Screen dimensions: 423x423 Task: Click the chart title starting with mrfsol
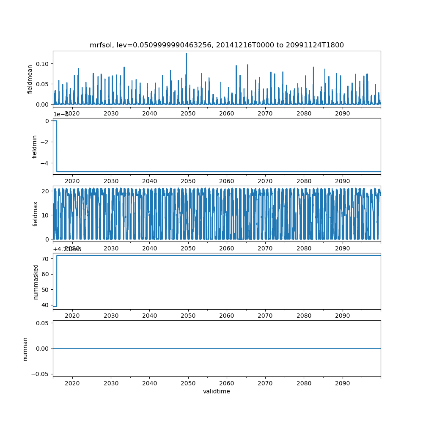(217, 45)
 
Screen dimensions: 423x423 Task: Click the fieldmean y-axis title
(30, 79)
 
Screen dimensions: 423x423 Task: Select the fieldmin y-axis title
(35, 146)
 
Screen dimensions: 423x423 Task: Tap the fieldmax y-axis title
(36, 214)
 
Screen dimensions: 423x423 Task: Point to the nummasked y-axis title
(36, 281)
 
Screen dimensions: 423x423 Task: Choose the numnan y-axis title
(25, 349)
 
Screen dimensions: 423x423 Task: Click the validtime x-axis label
(217, 391)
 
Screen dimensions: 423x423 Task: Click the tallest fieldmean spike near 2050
(186, 54)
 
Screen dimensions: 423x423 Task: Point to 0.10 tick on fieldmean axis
(44, 63)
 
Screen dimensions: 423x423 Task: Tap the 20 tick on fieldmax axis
(46, 191)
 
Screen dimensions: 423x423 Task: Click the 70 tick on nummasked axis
(46, 258)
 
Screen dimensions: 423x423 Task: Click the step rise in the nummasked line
(57, 281)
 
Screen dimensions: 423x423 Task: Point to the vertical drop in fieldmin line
(57, 146)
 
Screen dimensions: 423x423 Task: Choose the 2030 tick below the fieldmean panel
(111, 113)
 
